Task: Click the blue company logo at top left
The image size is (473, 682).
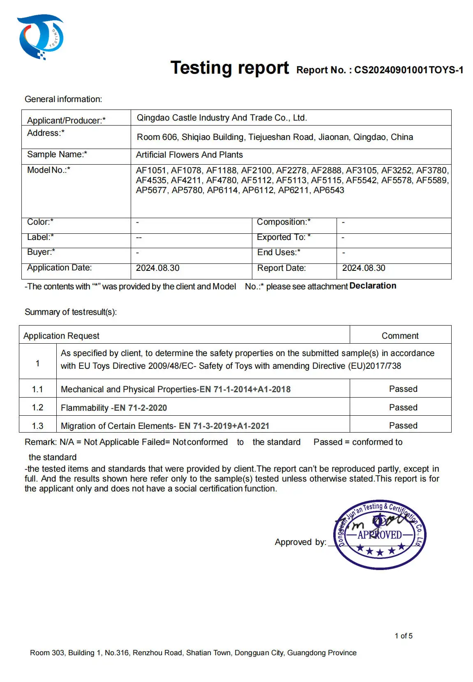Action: (x=40, y=37)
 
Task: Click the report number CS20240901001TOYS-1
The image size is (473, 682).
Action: (x=408, y=70)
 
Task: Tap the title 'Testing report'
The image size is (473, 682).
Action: (x=230, y=68)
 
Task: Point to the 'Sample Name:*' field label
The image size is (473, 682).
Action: (x=57, y=154)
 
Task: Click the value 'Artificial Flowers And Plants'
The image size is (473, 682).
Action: (x=189, y=155)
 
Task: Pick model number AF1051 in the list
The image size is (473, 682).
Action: (x=151, y=170)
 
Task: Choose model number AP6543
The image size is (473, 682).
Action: (x=329, y=190)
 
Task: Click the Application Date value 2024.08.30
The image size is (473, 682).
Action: (x=158, y=268)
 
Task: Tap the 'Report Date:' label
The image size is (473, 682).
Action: (x=281, y=268)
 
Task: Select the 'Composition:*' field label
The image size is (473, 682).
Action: (x=284, y=222)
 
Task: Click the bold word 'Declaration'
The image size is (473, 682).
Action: (x=373, y=286)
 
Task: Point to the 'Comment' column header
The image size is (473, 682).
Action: (x=400, y=336)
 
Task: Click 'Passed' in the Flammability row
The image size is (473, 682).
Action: (x=403, y=407)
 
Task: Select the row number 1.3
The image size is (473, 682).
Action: (x=37, y=426)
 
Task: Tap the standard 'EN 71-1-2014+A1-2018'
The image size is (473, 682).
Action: (x=245, y=389)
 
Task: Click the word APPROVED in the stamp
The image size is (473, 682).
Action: (x=380, y=535)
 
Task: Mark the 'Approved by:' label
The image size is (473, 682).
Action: (x=300, y=542)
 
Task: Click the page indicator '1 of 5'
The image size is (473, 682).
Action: (x=404, y=636)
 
